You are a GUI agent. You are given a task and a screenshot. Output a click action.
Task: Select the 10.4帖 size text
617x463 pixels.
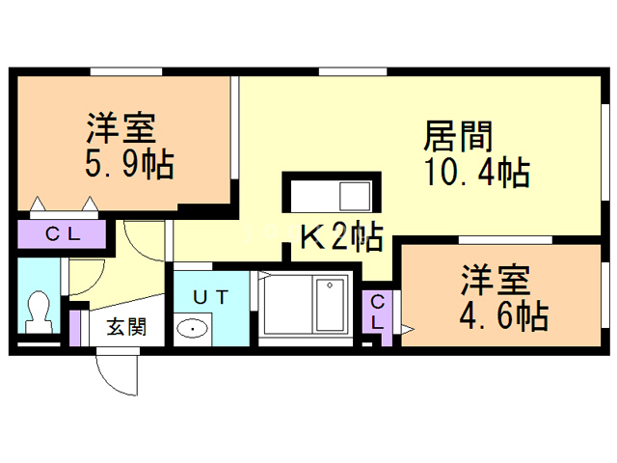coord(475,174)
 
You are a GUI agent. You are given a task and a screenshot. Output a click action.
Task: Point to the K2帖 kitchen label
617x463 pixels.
coord(340,235)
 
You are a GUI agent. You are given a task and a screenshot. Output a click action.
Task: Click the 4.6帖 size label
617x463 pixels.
coord(502,314)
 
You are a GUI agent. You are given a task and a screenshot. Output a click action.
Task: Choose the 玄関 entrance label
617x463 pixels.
coord(125,327)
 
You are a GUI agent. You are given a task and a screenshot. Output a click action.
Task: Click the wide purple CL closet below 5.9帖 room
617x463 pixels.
coord(64,234)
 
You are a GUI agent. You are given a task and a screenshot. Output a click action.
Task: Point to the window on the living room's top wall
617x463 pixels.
coord(353,70)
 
